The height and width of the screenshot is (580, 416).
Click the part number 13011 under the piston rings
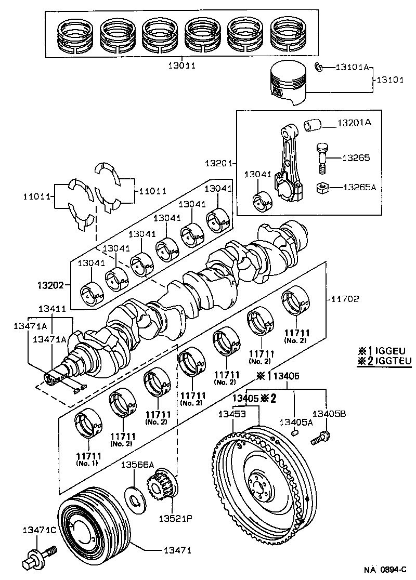(181, 67)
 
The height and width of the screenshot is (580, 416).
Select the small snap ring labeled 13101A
(320, 67)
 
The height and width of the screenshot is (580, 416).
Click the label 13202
(50, 285)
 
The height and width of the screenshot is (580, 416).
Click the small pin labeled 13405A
(294, 431)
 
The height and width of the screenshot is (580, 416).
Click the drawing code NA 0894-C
(384, 570)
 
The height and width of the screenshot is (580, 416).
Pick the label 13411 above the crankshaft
(51, 309)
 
